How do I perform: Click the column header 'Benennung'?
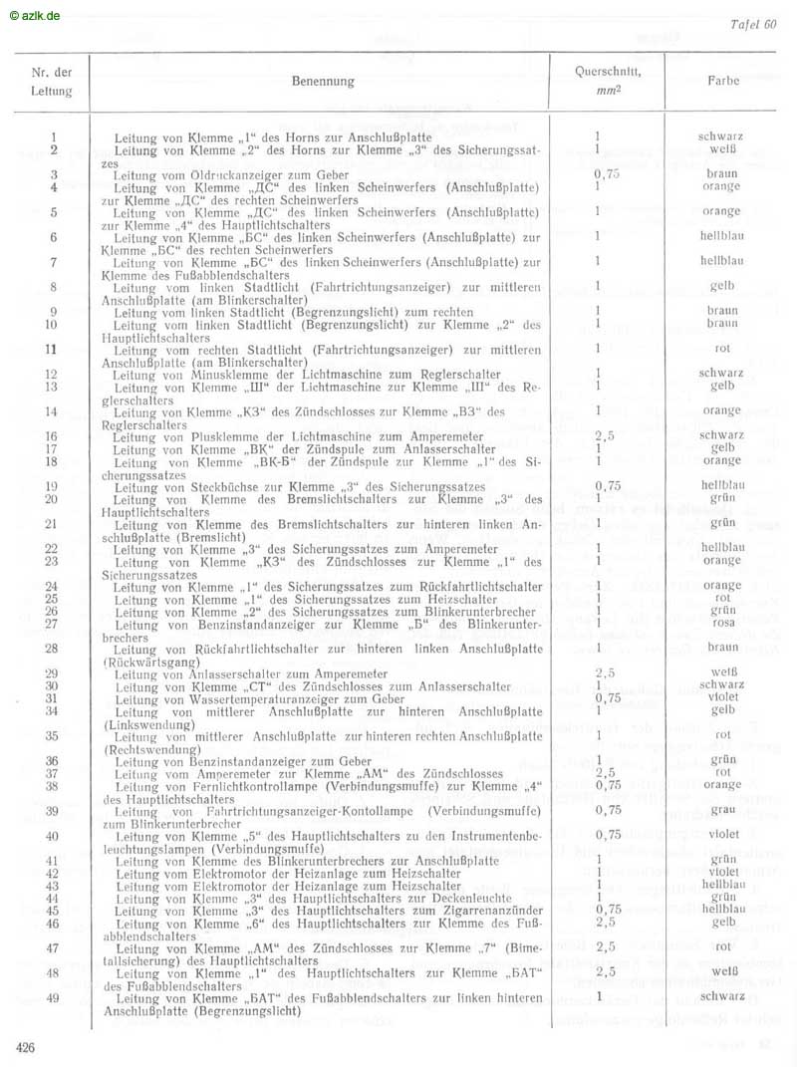(x=323, y=82)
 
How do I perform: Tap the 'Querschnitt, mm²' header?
(x=608, y=80)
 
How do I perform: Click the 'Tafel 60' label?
(x=753, y=25)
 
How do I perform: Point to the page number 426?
(x=27, y=1046)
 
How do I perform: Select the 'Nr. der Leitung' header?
(x=52, y=82)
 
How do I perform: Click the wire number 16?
(x=52, y=436)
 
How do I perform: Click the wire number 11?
(x=52, y=349)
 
